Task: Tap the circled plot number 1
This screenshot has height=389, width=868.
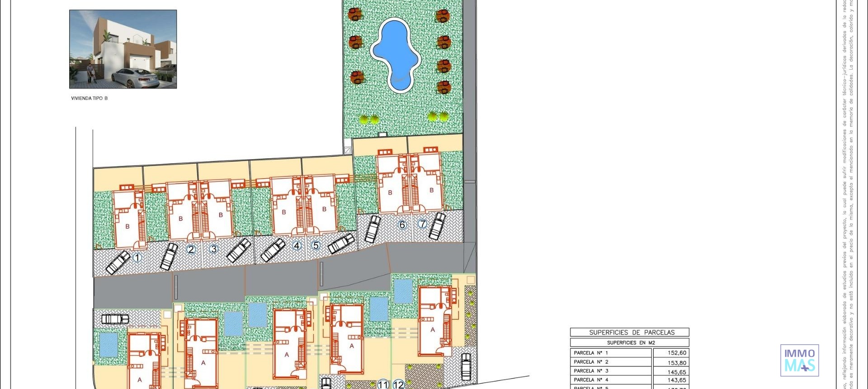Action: (137, 257)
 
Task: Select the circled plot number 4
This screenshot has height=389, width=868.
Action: (297, 246)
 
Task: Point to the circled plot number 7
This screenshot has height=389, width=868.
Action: (422, 224)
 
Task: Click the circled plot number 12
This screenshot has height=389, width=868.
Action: (398, 384)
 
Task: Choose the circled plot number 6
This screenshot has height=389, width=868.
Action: (402, 225)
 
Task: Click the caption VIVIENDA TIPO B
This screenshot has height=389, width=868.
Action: (90, 98)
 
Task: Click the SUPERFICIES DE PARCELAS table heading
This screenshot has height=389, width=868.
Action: (632, 332)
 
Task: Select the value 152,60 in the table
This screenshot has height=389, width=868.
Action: (676, 353)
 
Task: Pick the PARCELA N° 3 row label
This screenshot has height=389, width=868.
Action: (591, 371)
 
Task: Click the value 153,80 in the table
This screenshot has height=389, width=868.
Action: (676, 363)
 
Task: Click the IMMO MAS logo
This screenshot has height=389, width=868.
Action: (799, 360)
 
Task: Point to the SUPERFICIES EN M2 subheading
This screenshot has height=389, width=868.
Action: (631, 343)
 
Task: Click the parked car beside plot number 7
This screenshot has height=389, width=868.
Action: (437, 226)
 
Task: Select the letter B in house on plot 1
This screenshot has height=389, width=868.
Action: (127, 226)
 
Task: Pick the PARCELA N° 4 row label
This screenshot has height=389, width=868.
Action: (591, 380)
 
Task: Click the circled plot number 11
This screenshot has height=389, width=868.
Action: (383, 384)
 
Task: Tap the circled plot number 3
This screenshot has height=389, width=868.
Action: (214, 249)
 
